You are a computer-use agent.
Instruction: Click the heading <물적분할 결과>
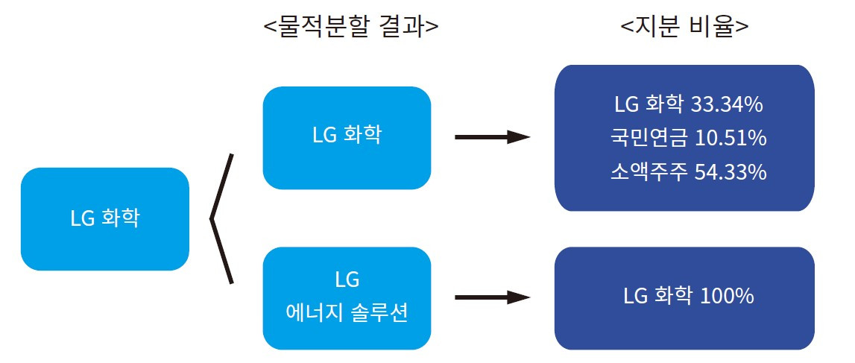pyautogui.click(x=350, y=27)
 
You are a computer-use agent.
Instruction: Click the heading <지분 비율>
pyautogui.click(x=684, y=27)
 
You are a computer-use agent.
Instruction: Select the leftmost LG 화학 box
pyautogui.click(x=105, y=219)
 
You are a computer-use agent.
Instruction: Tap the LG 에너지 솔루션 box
pyautogui.click(x=347, y=298)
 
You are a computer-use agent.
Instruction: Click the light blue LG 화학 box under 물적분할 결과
pyautogui.click(x=347, y=138)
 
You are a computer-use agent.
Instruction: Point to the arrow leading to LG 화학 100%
pyautogui.click(x=492, y=297)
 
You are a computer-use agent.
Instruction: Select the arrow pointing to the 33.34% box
pyautogui.click(x=492, y=137)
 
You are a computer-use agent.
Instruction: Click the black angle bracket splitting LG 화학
pyautogui.click(x=221, y=219)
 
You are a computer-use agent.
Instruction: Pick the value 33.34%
pyautogui.click(x=727, y=105)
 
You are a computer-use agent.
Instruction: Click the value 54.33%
pyautogui.click(x=731, y=172)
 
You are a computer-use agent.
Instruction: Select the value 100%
pyautogui.click(x=727, y=296)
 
